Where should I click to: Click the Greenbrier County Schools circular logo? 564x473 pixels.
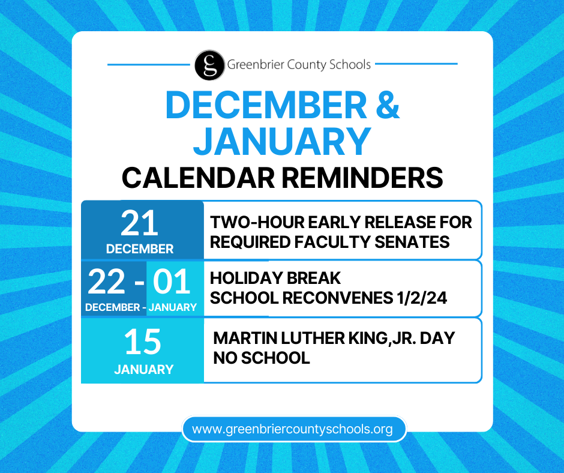point(210,65)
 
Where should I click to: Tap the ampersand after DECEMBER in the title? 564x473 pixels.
point(388,105)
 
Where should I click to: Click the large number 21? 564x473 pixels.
point(140,223)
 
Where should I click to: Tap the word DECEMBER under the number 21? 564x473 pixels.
point(140,249)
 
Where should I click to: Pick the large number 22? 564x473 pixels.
point(106,282)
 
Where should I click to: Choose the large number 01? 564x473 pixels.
point(172,282)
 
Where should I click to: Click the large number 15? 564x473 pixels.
point(143,342)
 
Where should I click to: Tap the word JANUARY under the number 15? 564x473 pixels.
point(144,369)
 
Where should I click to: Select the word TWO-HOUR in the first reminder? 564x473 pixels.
point(257,223)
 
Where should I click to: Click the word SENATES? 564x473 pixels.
point(412,242)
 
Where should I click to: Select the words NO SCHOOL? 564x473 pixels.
point(262,358)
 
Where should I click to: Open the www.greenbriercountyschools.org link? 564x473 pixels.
point(292,429)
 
